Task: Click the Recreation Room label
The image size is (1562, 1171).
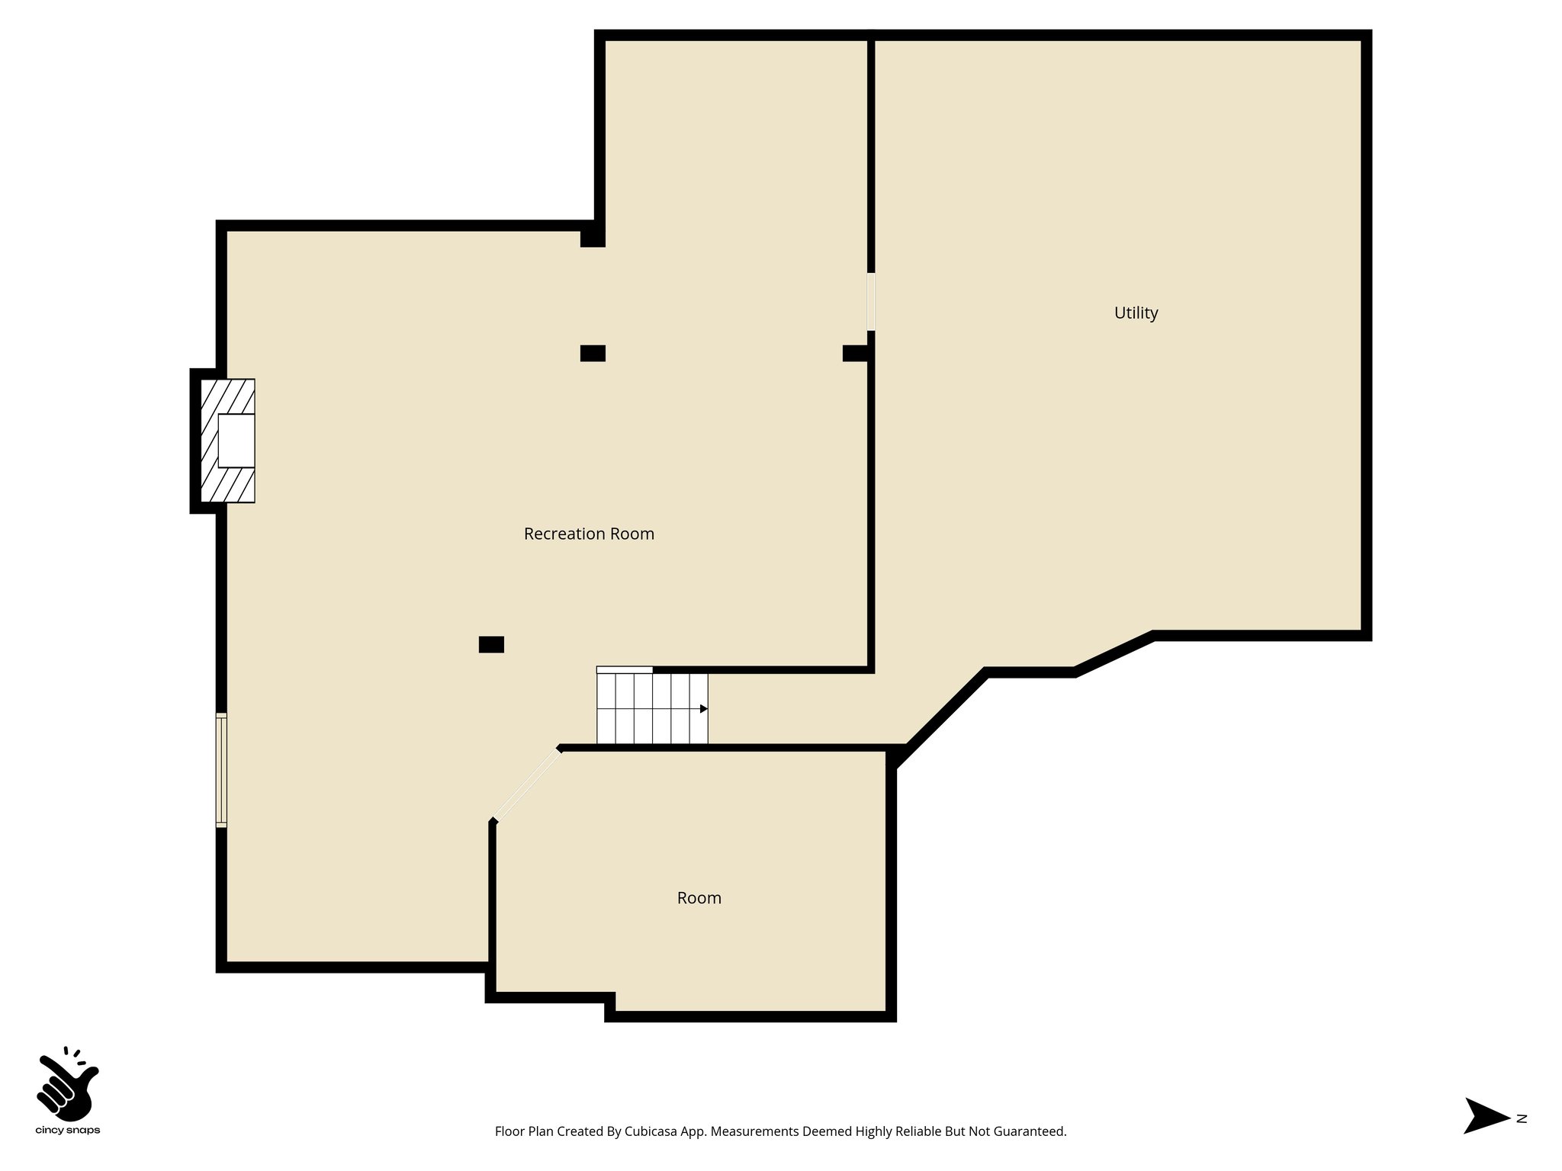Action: pyautogui.click(x=589, y=534)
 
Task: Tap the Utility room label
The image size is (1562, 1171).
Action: pyautogui.click(x=1136, y=313)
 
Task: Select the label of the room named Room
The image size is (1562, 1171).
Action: pyautogui.click(x=699, y=898)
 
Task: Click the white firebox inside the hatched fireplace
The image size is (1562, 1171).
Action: pyautogui.click(x=236, y=441)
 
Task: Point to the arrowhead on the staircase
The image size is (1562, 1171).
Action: pyautogui.click(x=703, y=709)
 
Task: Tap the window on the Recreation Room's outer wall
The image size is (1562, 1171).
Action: pyautogui.click(x=221, y=770)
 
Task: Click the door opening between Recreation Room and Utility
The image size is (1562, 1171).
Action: pyautogui.click(x=871, y=302)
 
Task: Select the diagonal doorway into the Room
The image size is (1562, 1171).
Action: pyautogui.click(x=528, y=785)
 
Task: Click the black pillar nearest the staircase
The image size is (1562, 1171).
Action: pyautogui.click(x=491, y=645)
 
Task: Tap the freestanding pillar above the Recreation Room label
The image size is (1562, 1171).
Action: pyautogui.click(x=593, y=353)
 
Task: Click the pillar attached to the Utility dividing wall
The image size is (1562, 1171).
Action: pyautogui.click(x=856, y=353)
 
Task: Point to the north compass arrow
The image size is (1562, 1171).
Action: pyautogui.click(x=1484, y=1137)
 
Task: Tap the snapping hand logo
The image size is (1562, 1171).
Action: pyautogui.click(x=67, y=1083)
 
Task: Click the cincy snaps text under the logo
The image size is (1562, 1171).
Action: pyautogui.click(x=68, y=1131)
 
